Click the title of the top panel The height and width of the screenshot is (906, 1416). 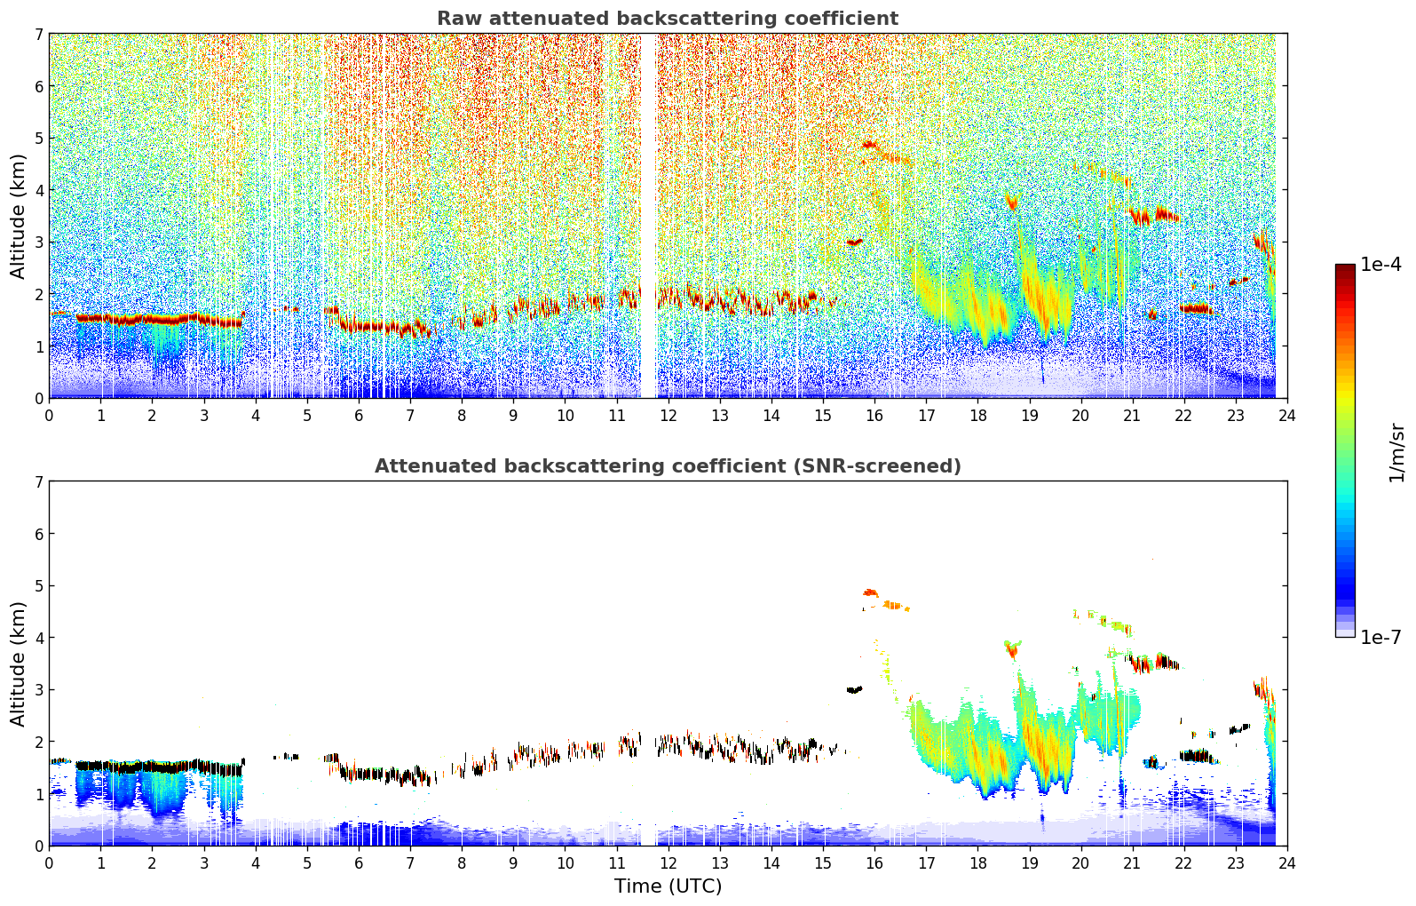point(667,19)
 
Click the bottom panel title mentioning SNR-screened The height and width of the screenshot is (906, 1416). point(667,466)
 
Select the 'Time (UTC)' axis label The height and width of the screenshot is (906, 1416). point(668,886)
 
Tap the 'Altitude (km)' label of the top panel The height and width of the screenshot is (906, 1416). point(19,216)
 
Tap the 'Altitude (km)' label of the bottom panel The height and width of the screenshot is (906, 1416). point(19,664)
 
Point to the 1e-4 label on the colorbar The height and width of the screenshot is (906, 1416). point(1380,265)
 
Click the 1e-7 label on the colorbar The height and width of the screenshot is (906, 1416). point(1380,637)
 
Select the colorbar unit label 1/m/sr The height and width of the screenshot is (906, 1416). point(1396,451)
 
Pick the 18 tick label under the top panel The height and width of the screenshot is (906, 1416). point(977,416)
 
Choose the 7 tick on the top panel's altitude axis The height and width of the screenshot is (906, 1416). point(38,34)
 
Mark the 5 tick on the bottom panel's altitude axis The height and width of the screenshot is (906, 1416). point(38,585)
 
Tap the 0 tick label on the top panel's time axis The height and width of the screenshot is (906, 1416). point(49,416)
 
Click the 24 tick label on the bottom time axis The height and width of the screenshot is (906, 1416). point(1286,863)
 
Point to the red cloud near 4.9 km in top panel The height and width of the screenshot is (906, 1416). point(869,144)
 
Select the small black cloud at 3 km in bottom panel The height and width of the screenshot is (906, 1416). point(854,689)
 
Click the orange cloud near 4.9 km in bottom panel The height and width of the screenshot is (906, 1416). point(870,592)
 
